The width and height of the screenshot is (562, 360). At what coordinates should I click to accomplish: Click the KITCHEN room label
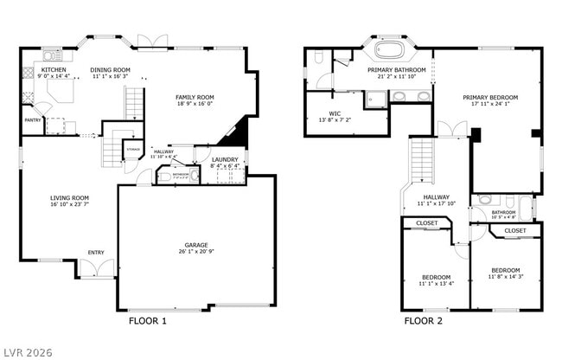pyautogui.click(x=54, y=70)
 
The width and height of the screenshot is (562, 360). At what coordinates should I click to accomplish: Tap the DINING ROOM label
pyautogui.click(x=110, y=70)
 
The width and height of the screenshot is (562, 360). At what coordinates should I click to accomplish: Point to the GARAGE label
pyautogui.click(x=196, y=245)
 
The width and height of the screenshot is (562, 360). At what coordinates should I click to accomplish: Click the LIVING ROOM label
pyautogui.click(x=69, y=198)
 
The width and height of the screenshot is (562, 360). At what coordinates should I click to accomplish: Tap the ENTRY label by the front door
pyautogui.click(x=96, y=253)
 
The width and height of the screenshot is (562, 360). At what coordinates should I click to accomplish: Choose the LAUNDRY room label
pyautogui.click(x=225, y=160)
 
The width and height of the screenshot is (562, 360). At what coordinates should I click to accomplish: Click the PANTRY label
pyautogui.click(x=32, y=120)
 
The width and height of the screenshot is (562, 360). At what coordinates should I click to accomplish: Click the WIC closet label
pyautogui.click(x=335, y=113)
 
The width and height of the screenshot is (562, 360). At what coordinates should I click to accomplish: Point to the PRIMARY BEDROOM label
pyautogui.click(x=489, y=98)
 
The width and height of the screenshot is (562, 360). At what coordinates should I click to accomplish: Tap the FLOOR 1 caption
pyautogui.click(x=147, y=321)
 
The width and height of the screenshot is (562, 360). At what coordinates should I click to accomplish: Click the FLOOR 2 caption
pyautogui.click(x=424, y=321)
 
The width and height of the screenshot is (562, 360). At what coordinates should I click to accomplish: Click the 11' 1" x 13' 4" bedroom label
pyautogui.click(x=436, y=283)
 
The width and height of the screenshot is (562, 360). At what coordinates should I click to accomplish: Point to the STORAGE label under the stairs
pyautogui.click(x=132, y=148)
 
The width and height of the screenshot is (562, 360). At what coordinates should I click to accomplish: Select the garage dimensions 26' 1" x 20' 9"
pyautogui.click(x=196, y=253)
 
